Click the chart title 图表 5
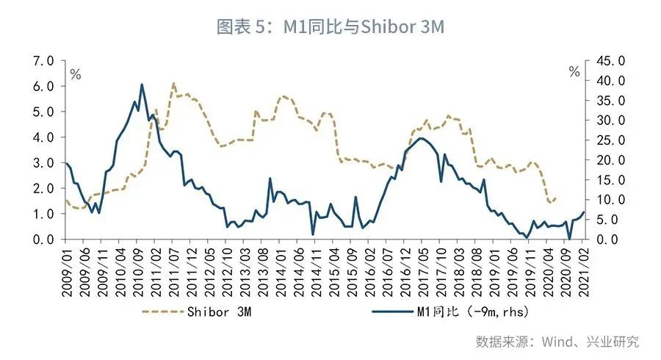pos(330,27)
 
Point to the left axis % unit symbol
pos(75,73)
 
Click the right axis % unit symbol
pos(574,72)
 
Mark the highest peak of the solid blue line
pos(142,84)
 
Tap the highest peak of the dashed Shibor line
pos(173,83)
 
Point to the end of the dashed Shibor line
pos(556,198)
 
